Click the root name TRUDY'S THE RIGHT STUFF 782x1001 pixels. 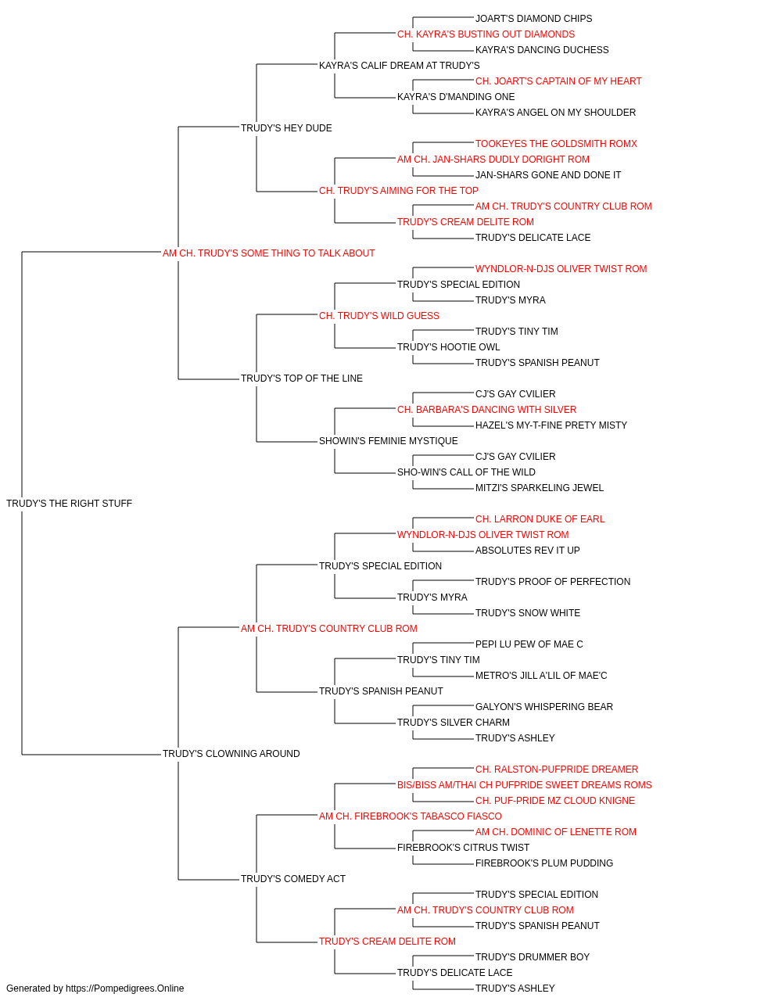click(69, 503)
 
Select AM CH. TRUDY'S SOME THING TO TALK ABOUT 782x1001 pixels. click(268, 253)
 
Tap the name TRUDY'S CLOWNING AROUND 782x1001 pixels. click(231, 754)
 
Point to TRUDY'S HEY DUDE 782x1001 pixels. click(286, 127)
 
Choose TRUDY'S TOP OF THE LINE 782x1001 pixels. click(302, 379)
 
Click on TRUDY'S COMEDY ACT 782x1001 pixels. click(293, 878)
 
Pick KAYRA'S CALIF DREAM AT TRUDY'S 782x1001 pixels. click(400, 66)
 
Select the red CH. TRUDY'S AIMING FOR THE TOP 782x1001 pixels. click(398, 190)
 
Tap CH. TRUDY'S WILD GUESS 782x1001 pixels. click(379, 315)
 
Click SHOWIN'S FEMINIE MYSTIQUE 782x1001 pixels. click(388, 441)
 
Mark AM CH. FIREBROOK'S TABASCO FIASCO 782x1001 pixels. click(411, 816)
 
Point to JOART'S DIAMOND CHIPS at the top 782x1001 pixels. click(534, 19)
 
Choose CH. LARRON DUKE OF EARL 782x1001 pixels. click(540, 518)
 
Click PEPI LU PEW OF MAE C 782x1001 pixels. click(529, 644)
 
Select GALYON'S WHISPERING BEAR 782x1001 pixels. click(544, 707)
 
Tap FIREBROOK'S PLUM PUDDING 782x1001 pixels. click(544, 863)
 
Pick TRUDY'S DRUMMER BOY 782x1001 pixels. click(533, 956)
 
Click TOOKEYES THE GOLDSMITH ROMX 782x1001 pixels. click(556, 143)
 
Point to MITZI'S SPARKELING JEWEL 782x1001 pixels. click(540, 487)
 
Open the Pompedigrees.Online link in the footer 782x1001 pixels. click(124, 988)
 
